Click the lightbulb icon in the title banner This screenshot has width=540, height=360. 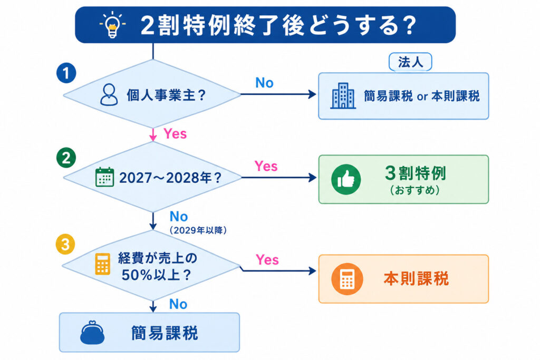point(112,24)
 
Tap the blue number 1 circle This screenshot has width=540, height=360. point(66,73)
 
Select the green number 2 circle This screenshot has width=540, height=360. point(66,158)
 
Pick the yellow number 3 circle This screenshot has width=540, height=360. point(65,245)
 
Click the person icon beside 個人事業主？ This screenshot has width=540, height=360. point(109,95)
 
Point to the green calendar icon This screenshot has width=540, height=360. point(104,177)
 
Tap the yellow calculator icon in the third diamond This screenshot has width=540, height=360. point(102,264)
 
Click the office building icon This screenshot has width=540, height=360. point(343,96)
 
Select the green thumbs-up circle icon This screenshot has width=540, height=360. point(346,179)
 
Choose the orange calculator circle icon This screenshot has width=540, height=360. point(347,279)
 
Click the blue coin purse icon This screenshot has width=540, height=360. point(92,333)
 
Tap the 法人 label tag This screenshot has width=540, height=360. point(410,62)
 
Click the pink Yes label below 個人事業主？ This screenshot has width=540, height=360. point(175,133)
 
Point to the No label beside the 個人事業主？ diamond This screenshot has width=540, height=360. point(264,83)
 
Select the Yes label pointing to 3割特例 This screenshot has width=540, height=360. point(266,166)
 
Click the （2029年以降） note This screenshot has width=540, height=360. point(198,230)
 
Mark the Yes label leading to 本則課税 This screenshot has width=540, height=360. point(267,259)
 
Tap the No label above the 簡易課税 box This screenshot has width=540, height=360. point(178,304)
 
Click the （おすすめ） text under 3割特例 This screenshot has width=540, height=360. point(415,190)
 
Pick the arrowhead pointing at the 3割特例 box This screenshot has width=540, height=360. point(313,178)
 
